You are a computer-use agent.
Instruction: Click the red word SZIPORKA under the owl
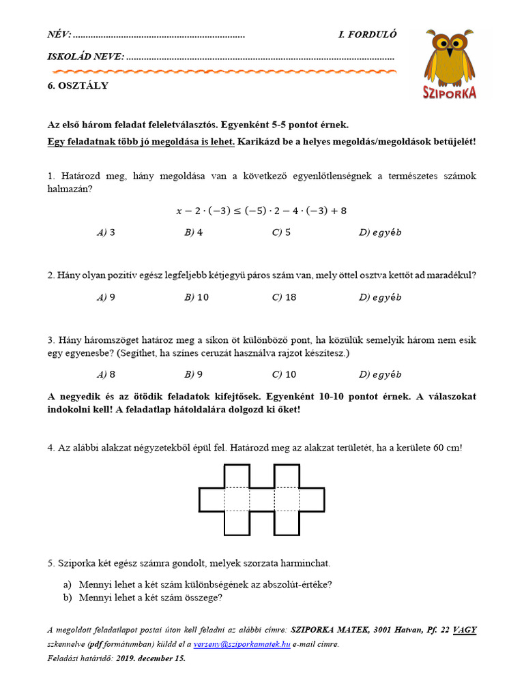tap(449, 92)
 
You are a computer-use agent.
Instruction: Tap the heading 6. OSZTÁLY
tap(78, 86)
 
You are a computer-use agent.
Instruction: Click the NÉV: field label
tap(59, 35)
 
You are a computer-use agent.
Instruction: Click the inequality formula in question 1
tap(261, 211)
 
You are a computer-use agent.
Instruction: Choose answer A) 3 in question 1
tap(106, 232)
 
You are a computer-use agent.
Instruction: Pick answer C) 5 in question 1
tap(281, 232)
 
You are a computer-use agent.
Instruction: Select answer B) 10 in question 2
tap(196, 297)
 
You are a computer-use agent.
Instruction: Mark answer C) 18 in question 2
tap(284, 297)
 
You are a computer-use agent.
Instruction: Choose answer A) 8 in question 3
tap(106, 374)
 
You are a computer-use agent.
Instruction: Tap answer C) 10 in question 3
tap(284, 374)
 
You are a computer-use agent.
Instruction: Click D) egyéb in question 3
tap(380, 374)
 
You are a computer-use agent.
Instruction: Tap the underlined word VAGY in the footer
tap(464, 630)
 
